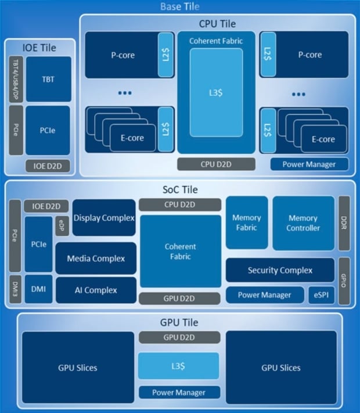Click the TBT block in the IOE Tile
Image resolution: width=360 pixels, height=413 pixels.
[x=48, y=79]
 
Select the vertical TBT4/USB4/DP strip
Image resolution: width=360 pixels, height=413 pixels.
[x=16, y=80]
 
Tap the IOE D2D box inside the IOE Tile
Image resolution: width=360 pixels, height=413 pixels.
[x=48, y=166]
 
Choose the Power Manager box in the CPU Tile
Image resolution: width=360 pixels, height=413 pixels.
[x=309, y=164]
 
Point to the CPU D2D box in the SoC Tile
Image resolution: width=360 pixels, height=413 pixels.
[x=180, y=204]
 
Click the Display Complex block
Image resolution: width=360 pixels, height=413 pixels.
[x=104, y=218]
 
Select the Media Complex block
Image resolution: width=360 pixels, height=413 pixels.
[x=96, y=258]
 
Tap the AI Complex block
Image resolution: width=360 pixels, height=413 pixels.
[x=96, y=290]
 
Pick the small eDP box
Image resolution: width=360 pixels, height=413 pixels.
[x=62, y=225]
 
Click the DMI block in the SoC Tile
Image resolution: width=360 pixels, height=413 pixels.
[x=38, y=289]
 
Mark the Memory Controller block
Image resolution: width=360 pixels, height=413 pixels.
[x=303, y=223]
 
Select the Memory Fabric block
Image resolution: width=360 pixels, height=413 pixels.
[x=247, y=223]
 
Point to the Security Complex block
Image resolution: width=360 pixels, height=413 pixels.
[x=280, y=270]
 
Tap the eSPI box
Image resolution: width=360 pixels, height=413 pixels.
[x=321, y=295]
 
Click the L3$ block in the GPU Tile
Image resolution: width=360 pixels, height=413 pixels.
[x=178, y=366]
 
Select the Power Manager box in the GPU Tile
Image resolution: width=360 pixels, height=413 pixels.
[x=178, y=392]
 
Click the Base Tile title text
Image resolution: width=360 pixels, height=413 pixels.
[x=180, y=6]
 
